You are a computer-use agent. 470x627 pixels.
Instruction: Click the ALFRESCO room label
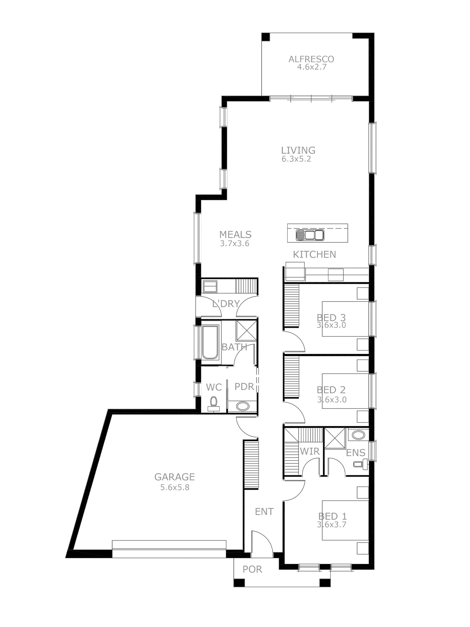pos(311,59)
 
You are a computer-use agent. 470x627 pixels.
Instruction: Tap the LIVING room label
pos(298,150)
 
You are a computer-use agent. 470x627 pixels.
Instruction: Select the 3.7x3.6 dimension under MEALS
pos(235,244)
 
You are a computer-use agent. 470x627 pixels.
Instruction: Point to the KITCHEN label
pos(314,255)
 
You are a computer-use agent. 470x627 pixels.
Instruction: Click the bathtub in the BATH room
pos(210,342)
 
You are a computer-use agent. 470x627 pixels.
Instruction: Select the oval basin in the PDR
pos(243,406)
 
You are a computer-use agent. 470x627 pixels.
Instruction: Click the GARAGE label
pos(175,477)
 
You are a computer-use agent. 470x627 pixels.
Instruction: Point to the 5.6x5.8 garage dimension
pos(175,487)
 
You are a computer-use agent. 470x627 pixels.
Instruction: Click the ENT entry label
pos(264,512)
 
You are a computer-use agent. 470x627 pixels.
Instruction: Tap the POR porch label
pos(252,569)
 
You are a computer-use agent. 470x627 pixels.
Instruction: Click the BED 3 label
pos(331,318)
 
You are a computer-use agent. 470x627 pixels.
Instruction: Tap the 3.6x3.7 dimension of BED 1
pos(332,524)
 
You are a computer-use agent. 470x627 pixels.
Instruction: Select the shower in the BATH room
pos(246,330)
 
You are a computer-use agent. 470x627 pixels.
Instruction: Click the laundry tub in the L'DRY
pos(210,286)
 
